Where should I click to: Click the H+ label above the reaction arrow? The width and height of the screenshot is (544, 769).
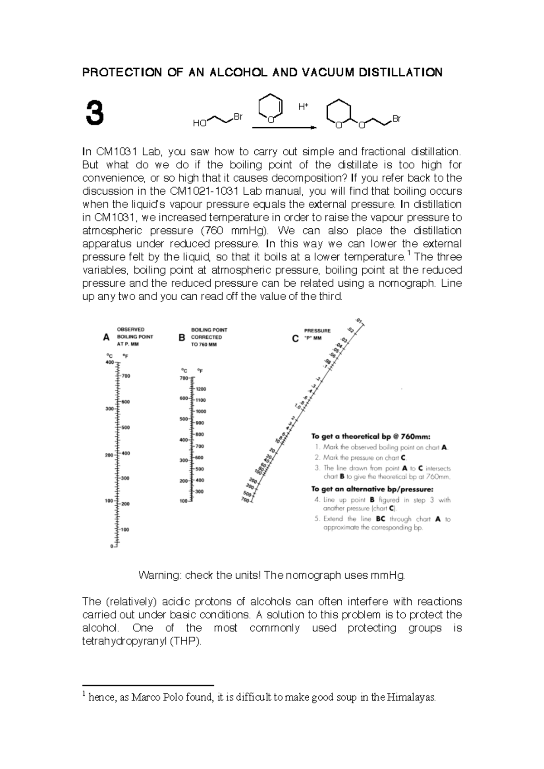tap(303, 106)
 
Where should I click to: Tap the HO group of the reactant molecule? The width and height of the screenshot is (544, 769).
tap(199, 123)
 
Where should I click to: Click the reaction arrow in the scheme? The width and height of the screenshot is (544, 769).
tap(284, 128)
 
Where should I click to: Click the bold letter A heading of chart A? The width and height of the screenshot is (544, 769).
tap(107, 337)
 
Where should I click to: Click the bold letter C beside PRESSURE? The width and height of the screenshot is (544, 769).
tap(295, 338)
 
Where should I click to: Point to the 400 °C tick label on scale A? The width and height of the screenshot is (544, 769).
tap(109, 363)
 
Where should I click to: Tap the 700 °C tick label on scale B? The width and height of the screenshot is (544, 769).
tap(184, 378)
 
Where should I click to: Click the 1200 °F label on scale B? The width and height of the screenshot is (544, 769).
tap(201, 389)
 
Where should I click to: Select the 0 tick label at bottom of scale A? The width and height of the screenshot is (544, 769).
tap(112, 546)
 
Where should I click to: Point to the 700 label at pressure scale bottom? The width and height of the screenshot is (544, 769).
tap(245, 500)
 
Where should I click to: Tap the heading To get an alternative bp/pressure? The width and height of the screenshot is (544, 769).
tap(372, 489)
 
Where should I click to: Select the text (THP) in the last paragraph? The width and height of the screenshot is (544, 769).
tap(185, 641)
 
